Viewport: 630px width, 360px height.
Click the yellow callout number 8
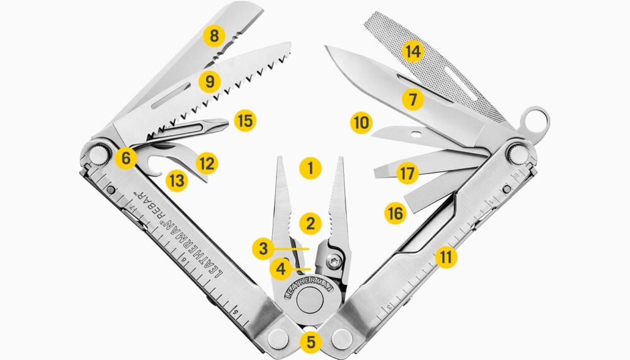215,36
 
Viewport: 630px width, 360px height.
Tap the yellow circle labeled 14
413,51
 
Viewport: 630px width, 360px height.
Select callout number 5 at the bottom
311,342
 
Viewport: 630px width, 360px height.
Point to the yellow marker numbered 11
447,257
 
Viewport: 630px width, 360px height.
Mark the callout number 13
178,181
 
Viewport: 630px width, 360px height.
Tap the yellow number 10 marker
360,122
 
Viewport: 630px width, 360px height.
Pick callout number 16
395,214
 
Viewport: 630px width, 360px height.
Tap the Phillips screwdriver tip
222,122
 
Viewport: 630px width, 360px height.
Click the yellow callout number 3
264,248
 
